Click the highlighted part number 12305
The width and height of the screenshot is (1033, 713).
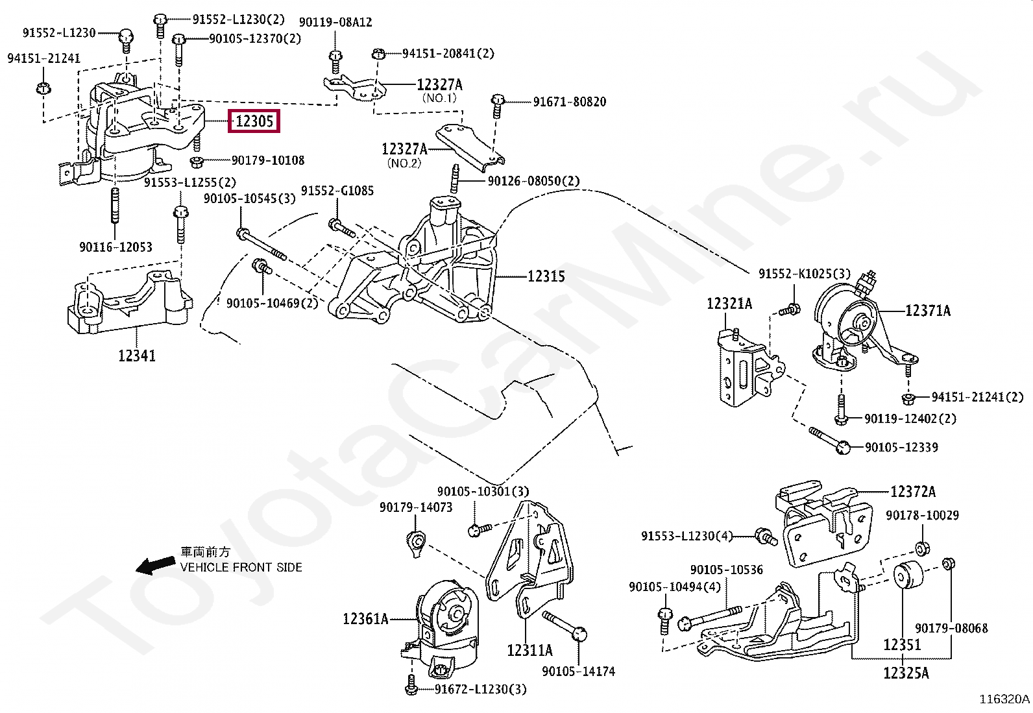(254, 121)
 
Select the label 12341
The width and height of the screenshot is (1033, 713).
(137, 356)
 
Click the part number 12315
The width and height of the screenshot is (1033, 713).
(546, 276)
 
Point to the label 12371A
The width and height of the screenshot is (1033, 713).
(928, 311)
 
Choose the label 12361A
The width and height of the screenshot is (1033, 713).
(365, 619)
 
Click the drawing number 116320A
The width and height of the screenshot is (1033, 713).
(1004, 699)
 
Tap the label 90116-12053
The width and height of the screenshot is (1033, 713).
(115, 247)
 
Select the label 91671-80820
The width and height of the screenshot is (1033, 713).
(570, 102)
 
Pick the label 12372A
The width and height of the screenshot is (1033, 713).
(913, 492)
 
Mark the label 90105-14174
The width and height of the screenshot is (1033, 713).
(578, 671)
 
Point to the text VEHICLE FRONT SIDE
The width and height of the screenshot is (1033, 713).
(241, 567)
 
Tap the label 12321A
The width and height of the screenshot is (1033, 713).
(729, 304)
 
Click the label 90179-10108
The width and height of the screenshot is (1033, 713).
(268, 160)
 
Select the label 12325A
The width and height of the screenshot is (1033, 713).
(906, 673)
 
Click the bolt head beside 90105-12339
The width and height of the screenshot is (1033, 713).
(843, 446)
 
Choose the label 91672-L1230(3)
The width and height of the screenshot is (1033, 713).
(481, 690)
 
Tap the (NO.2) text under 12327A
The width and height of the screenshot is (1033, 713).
(404, 163)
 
